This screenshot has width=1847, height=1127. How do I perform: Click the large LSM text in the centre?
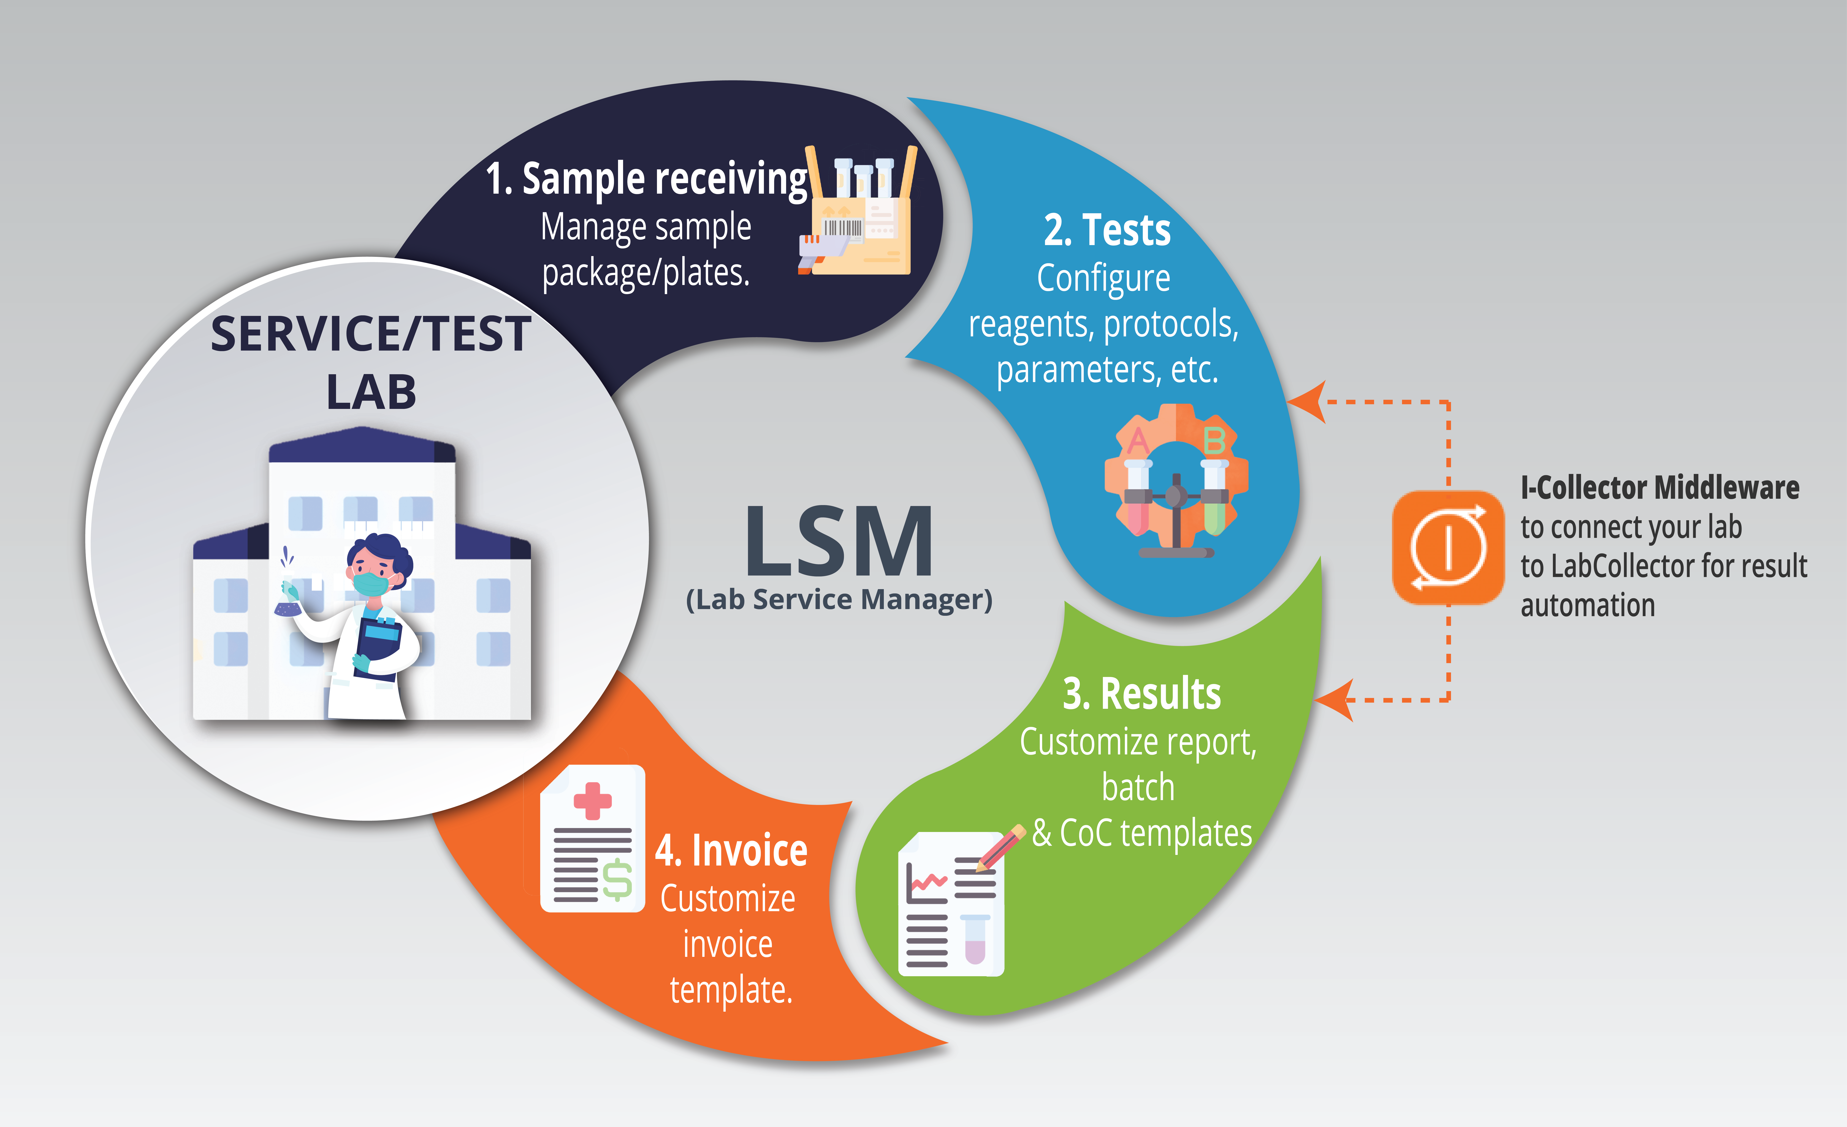pos(839,540)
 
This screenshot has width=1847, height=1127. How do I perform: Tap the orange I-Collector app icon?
pos(1448,547)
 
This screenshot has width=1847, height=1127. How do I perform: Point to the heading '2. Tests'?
pos(1107,229)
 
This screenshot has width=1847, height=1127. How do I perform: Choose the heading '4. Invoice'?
pos(731,850)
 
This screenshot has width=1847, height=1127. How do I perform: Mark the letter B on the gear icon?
pos(1214,441)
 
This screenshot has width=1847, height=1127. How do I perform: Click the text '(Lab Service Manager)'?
pos(839,600)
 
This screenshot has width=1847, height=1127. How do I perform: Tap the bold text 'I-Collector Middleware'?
pos(1660,487)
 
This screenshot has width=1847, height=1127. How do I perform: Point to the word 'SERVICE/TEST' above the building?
pos(371,334)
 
